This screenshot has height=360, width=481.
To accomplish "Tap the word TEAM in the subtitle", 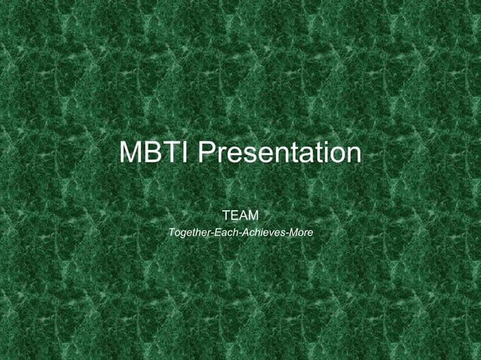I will (x=240, y=217).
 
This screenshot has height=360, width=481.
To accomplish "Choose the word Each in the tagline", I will (x=225, y=233).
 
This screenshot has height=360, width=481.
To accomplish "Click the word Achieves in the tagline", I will (x=262, y=233).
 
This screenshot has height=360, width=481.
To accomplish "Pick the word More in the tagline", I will (x=300, y=233).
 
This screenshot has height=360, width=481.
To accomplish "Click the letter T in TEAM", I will (x=226, y=217).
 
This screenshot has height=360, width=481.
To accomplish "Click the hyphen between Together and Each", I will (x=213, y=234).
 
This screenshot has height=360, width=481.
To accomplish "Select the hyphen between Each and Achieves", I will (x=238, y=234).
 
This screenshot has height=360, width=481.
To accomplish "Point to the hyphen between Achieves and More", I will (x=286, y=234).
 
